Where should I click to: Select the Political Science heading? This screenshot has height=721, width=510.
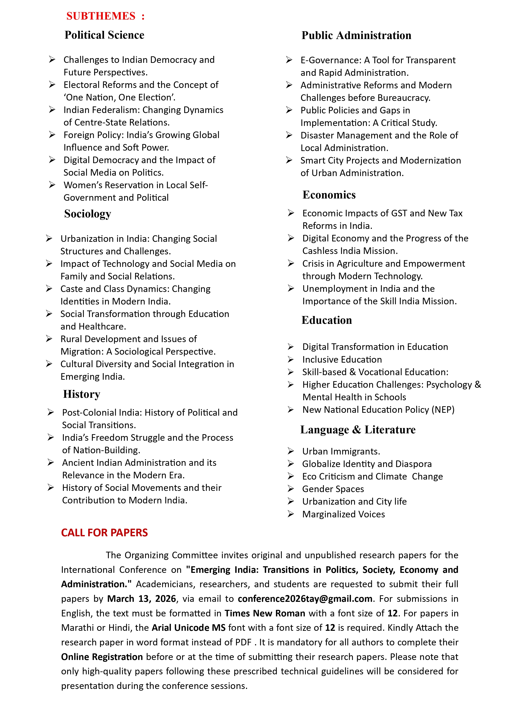pos(104,35)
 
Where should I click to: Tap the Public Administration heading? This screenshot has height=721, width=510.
pos(356,35)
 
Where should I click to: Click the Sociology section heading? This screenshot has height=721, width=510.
pos(88,214)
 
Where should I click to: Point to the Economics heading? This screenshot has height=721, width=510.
pos(329,195)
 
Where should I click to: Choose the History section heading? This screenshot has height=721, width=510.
pos(82,394)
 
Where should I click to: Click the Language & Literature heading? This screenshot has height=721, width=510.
pos(358,430)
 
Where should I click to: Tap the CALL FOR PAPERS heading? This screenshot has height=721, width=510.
pos(104,533)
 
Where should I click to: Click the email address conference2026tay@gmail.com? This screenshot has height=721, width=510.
pos(305,599)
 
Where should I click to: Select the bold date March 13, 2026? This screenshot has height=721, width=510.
pos(141,599)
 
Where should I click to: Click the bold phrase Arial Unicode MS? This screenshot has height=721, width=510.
pos(189,628)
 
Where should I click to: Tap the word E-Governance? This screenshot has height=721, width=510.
pos(331,60)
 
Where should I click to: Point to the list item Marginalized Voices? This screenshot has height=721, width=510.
pos(343,514)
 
